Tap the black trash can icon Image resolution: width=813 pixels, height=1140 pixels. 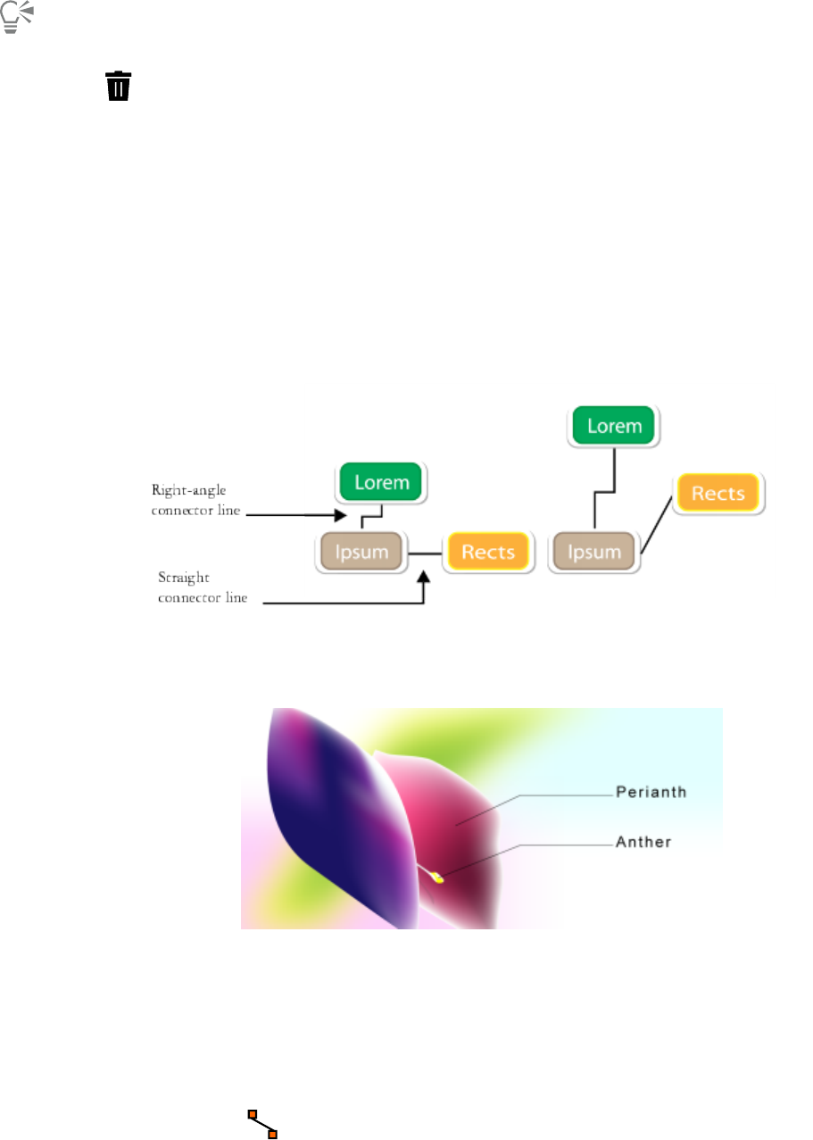(x=119, y=87)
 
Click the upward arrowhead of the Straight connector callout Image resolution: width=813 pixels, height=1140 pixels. (x=425, y=578)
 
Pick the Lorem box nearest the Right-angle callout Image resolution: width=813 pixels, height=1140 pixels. (x=382, y=483)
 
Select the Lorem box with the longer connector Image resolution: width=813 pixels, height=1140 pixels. (x=614, y=426)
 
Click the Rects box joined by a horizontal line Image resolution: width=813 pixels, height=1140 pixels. (x=487, y=551)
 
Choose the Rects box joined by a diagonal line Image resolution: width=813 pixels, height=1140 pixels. (x=718, y=493)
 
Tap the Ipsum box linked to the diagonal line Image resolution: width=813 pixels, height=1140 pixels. (x=593, y=552)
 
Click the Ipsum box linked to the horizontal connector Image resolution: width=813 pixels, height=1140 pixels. (x=362, y=551)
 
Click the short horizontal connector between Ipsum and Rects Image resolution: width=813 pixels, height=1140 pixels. (x=426, y=553)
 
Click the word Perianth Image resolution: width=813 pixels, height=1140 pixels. (x=651, y=792)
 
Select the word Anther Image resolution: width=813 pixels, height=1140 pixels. (x=643, y=841)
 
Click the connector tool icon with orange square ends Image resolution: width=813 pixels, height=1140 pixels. (x=262, y=1124)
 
